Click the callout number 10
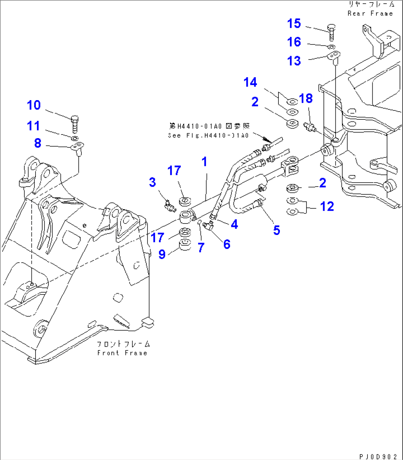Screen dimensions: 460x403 point(34,105)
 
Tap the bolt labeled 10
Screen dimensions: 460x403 point(74,124)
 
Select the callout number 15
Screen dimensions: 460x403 point(294,24)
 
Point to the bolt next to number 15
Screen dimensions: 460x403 point(331,32)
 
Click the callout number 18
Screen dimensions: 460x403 point(306,99)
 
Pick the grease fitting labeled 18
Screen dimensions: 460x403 point(309,127)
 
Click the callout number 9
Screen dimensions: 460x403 point(162,254)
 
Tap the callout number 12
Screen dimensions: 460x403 point(327,207)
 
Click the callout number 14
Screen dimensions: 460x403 point(250,82)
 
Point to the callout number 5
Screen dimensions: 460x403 point(277,231)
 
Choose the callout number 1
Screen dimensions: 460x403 point(204,162)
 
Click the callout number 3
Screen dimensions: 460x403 point(152,182)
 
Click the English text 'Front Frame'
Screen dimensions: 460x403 point(122,353)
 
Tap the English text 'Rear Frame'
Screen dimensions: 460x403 point(370,14)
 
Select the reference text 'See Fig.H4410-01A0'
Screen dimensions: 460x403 point(208,136)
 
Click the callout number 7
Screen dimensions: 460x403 point(201,248)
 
